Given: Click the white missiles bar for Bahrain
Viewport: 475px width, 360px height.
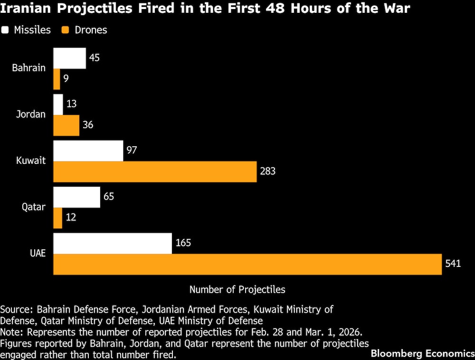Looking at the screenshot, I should coord(69,58).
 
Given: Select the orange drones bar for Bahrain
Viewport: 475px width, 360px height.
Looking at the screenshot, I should coord(57,79).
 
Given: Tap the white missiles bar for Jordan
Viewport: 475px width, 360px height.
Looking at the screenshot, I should coord(58,104).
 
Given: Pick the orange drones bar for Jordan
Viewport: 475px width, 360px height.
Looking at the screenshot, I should coord(66,125).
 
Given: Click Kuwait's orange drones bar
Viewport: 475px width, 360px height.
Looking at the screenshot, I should coord(155,171).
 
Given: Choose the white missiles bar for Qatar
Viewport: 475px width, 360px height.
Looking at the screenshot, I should coord(76,197).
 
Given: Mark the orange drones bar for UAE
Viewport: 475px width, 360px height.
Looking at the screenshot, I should coord(247,264).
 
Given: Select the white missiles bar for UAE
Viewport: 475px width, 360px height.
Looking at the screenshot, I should coord(112,243).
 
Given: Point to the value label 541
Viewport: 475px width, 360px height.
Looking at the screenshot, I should coord(453,264).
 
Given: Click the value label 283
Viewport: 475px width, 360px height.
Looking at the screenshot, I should coord(267,171).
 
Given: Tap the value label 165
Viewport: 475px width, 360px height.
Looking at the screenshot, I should coord(183,243).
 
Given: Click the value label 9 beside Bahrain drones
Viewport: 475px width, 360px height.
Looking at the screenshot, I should coord(66,79).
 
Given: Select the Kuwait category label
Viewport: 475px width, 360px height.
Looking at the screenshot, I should coord(31,161).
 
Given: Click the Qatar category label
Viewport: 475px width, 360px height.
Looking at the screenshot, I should coord(34,207).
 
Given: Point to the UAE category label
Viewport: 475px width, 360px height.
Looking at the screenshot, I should coord(37,253).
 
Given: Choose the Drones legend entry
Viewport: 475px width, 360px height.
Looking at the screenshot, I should coord(85,30).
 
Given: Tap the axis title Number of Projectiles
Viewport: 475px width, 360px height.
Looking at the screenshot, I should coord(237,289).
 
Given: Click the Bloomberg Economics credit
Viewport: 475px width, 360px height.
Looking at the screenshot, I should coord(422,353).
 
